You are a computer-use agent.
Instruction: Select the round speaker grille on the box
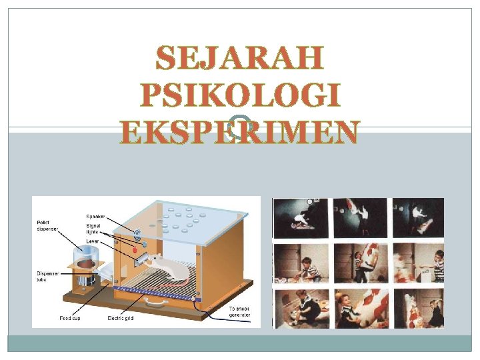click(x=139, y=234)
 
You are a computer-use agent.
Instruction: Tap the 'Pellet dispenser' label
click(x=47, y=225)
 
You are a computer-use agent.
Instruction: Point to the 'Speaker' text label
click(x=95, y=215)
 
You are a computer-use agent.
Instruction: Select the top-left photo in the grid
click(x=301, y=218)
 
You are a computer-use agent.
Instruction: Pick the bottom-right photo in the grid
click(x=419, y=308)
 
